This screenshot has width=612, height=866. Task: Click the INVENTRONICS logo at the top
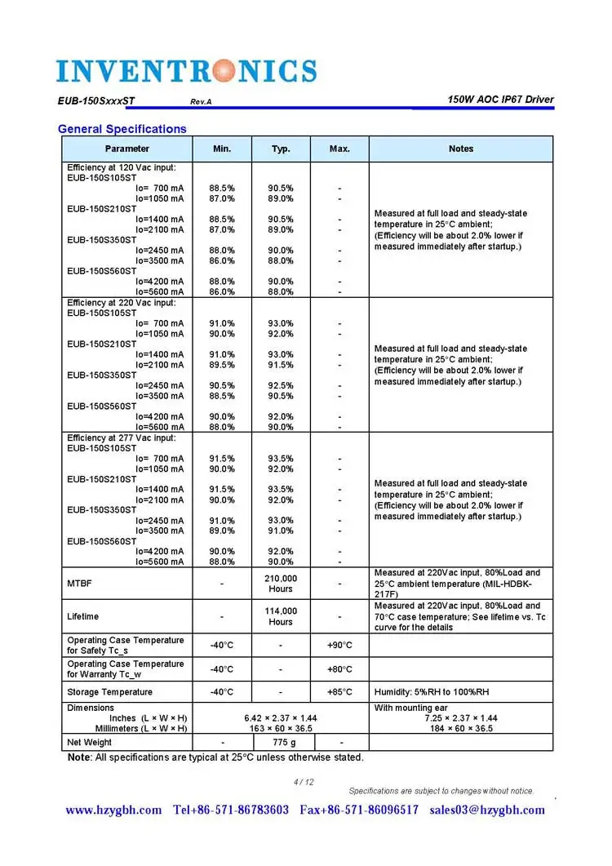(186, 70)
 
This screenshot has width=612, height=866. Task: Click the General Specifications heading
(122, 129)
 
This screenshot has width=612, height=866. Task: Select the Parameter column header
(127, 149)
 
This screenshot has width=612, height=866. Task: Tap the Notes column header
(461, 149)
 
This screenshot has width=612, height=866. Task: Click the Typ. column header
(281, 149)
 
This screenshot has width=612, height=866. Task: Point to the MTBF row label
(79, 584)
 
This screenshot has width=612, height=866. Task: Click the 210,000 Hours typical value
(281, 584)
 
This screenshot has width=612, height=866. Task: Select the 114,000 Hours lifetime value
(281, 616)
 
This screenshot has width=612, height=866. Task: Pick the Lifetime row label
(82, 616)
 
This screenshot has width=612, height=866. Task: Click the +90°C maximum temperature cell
(339, 645)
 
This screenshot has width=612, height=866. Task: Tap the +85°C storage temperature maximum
(339, 692)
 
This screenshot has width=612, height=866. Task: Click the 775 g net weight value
(281, 742)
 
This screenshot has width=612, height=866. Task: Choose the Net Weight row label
(90, 742)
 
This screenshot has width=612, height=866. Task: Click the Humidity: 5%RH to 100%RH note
(432, 692)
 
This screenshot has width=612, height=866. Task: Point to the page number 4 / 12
(304, 782)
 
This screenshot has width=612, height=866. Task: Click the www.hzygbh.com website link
(113, 810)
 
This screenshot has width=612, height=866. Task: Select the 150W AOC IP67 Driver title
(500, 100)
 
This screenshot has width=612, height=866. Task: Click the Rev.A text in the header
(201, 102)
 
